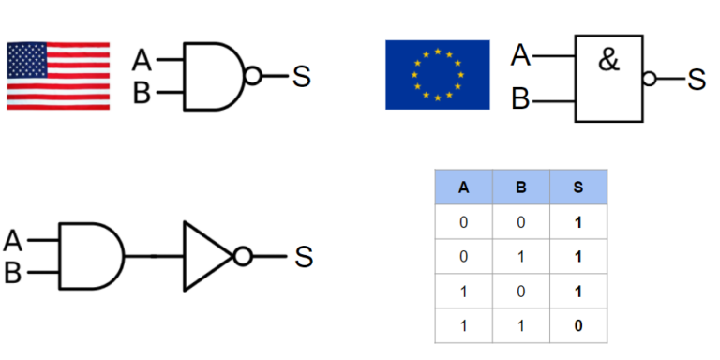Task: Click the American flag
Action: point(57,75)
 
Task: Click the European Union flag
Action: point(437,74)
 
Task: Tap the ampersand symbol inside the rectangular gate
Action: point(608,65)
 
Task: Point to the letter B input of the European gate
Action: point(521,98)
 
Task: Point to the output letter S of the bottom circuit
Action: point(304,256)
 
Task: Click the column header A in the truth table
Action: point(463,187)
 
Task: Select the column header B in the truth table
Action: point(521,187)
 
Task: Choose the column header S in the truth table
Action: point(578,187)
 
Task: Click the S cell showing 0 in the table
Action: point(578,325)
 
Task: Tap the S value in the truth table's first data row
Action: point(578,222)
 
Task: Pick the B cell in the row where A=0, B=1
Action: point(521,256)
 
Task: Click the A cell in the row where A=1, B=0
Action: point(463,291)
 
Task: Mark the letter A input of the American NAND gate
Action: point(142,61)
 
